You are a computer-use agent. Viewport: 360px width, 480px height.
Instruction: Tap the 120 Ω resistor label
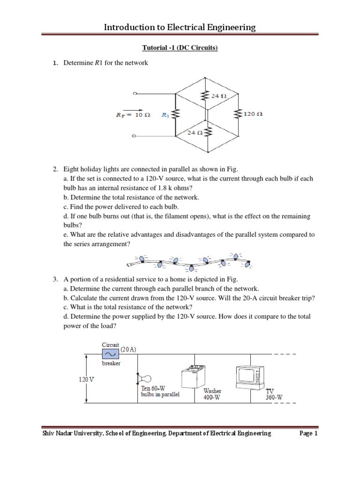point(253,114)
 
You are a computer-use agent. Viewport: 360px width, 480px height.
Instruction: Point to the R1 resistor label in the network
point(165,114)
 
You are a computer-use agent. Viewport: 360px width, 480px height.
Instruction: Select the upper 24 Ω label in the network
point(219,96)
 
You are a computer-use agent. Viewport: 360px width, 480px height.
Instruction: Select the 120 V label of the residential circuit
point(86,379)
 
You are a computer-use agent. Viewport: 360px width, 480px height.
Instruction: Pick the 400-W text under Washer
point(212,397)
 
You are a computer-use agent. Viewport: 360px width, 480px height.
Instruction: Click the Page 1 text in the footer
point(308,434)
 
